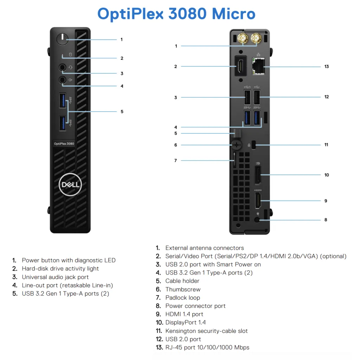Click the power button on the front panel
pos(62,39)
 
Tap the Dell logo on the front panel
pos(70,185)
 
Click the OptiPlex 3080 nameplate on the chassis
pos(64,144)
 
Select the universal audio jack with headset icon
pos(62,67)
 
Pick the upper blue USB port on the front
pos(63,100)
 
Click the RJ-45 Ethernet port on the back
pos(258,66)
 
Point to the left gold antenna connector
pos(243,38)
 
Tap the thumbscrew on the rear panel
pos(237,145)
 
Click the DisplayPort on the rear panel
pos(258,175)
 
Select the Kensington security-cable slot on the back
pos(254,145)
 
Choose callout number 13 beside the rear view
pos(327,67)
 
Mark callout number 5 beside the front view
pos(122,112)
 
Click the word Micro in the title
pos(233,14)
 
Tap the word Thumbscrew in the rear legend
pos(183,289)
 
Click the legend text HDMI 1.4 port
pos(184,314)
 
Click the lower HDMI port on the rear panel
pos(258,201)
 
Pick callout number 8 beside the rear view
pos(326,220)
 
